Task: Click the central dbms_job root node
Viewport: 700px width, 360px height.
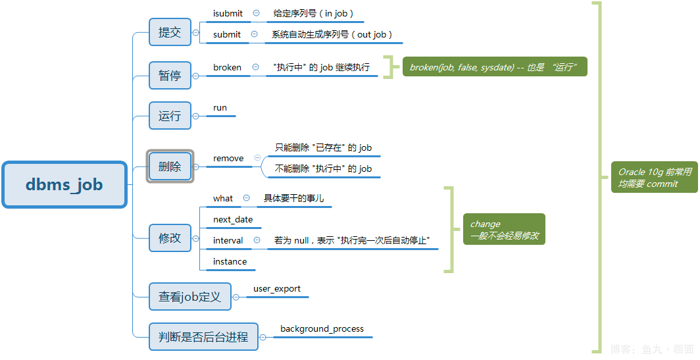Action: (64, 185)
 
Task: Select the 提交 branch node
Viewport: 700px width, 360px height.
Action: (170, 32)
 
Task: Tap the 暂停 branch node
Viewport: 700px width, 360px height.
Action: (170, 76)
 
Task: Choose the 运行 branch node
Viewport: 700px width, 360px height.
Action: (170, 116)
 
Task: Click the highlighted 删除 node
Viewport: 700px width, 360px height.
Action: (170, 167)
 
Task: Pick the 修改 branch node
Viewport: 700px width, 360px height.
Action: (170, 238)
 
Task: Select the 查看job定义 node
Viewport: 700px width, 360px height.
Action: (189, 297)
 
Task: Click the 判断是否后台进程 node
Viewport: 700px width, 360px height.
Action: (203, 337)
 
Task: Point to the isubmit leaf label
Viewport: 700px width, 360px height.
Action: (228, 13)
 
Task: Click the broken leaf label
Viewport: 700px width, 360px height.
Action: (227, 67)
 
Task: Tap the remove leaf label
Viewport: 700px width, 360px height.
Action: (228, 158)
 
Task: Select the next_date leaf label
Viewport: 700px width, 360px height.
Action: (233, 219)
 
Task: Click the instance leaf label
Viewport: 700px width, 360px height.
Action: (230, 261)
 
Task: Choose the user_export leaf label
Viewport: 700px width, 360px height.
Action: (277, 288)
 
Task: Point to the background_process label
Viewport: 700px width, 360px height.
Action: (322, 328)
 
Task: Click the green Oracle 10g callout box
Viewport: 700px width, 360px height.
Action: (654, 178)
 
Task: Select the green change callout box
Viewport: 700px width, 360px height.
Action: (503, 230)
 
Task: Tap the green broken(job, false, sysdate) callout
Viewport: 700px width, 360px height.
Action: (494, 67)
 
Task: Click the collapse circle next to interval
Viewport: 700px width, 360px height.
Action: (257, 240)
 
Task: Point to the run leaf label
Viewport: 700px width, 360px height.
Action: (220, 107)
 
